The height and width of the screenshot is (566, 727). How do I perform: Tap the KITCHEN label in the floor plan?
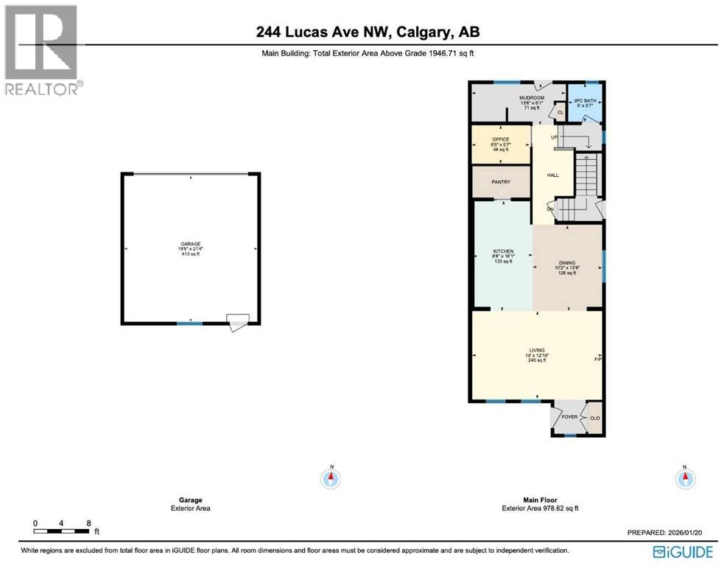point(503,252)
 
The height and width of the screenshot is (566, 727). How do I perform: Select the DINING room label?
point(566,262)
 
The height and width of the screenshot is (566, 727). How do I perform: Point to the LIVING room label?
point(536,350)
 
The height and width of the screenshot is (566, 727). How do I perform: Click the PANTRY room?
point(500,182)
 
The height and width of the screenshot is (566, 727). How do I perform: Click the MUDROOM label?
point(531,98)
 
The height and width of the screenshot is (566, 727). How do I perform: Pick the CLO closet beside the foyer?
point(594,418)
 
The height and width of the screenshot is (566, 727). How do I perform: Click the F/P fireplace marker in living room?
point(598,359)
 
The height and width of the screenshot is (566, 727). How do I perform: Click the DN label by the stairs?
point(549,209)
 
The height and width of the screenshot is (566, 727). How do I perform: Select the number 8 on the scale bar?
point(88,523)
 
